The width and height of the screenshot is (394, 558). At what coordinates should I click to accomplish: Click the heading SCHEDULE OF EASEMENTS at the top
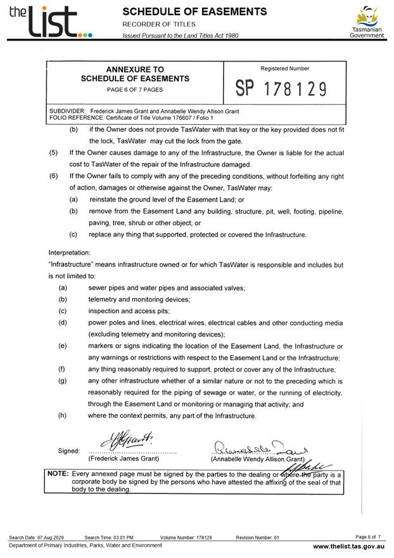[194, 11]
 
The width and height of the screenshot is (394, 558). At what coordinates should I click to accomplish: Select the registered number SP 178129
[280, 89]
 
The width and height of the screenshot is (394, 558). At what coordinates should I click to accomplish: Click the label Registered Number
[284, 68]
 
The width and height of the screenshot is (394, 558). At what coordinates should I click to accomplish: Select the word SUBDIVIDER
[67, 111]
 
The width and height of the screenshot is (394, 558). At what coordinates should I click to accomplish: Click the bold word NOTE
[59, 474]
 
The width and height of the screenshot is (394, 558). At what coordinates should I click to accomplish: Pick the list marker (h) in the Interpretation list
[62, 416]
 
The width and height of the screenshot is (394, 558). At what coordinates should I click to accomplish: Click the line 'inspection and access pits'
[129, 311]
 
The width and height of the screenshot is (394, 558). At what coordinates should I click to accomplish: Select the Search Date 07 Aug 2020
[36, 537]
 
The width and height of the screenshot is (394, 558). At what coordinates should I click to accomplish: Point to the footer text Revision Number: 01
[257, 537]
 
